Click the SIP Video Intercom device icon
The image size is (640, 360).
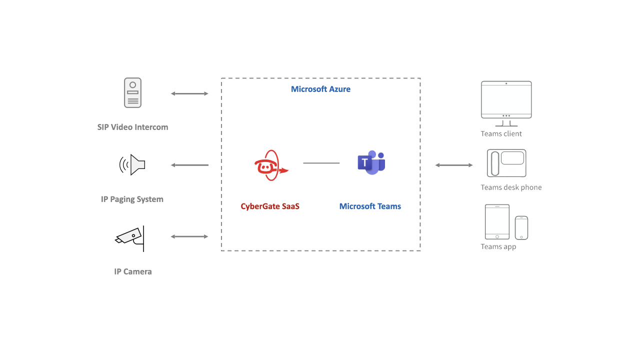click(x=132, y=92)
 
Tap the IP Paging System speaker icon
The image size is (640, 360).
click(x=132, y=164)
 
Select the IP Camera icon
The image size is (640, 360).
click(x=131, y=238)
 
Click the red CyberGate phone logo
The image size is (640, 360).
click(x=270, y=165)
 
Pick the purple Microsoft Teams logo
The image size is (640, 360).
click(x=371, y=162)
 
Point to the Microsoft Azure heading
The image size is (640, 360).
click(x=320, y=89)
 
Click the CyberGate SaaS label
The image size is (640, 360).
click(x=270, y=206)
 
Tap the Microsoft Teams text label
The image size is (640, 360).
click(x=370, y=206)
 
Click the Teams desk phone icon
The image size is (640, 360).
click(x=506, y=163)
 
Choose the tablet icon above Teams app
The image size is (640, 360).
click(x=497, y=221)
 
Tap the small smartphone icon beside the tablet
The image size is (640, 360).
click(x=521, y=227)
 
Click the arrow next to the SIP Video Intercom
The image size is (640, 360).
click(x=189, y=93)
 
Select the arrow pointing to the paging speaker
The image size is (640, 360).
click(x=189, y=165)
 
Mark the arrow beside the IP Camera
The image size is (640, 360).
click(x=189, y=236)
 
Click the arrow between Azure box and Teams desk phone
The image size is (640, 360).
click(x=453, y=165)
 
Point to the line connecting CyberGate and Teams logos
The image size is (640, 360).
click(x=321, y=163)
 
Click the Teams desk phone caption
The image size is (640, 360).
click(x=511, y=187)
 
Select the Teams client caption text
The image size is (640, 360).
click(x=501, y=134)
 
